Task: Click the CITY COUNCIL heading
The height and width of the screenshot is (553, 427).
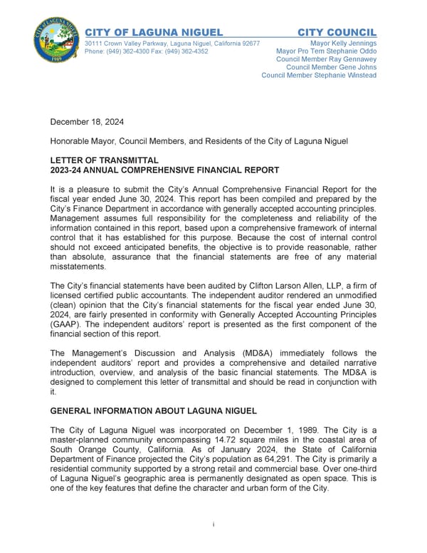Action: point(337,33)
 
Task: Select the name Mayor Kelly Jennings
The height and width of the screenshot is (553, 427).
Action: point(344,43)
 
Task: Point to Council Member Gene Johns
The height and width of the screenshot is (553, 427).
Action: point(331,67)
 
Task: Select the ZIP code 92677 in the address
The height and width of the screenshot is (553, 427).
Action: point(249,43)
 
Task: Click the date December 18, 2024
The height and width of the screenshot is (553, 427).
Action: point(87,123)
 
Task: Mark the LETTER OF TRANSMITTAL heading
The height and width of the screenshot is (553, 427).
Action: point(104,161)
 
